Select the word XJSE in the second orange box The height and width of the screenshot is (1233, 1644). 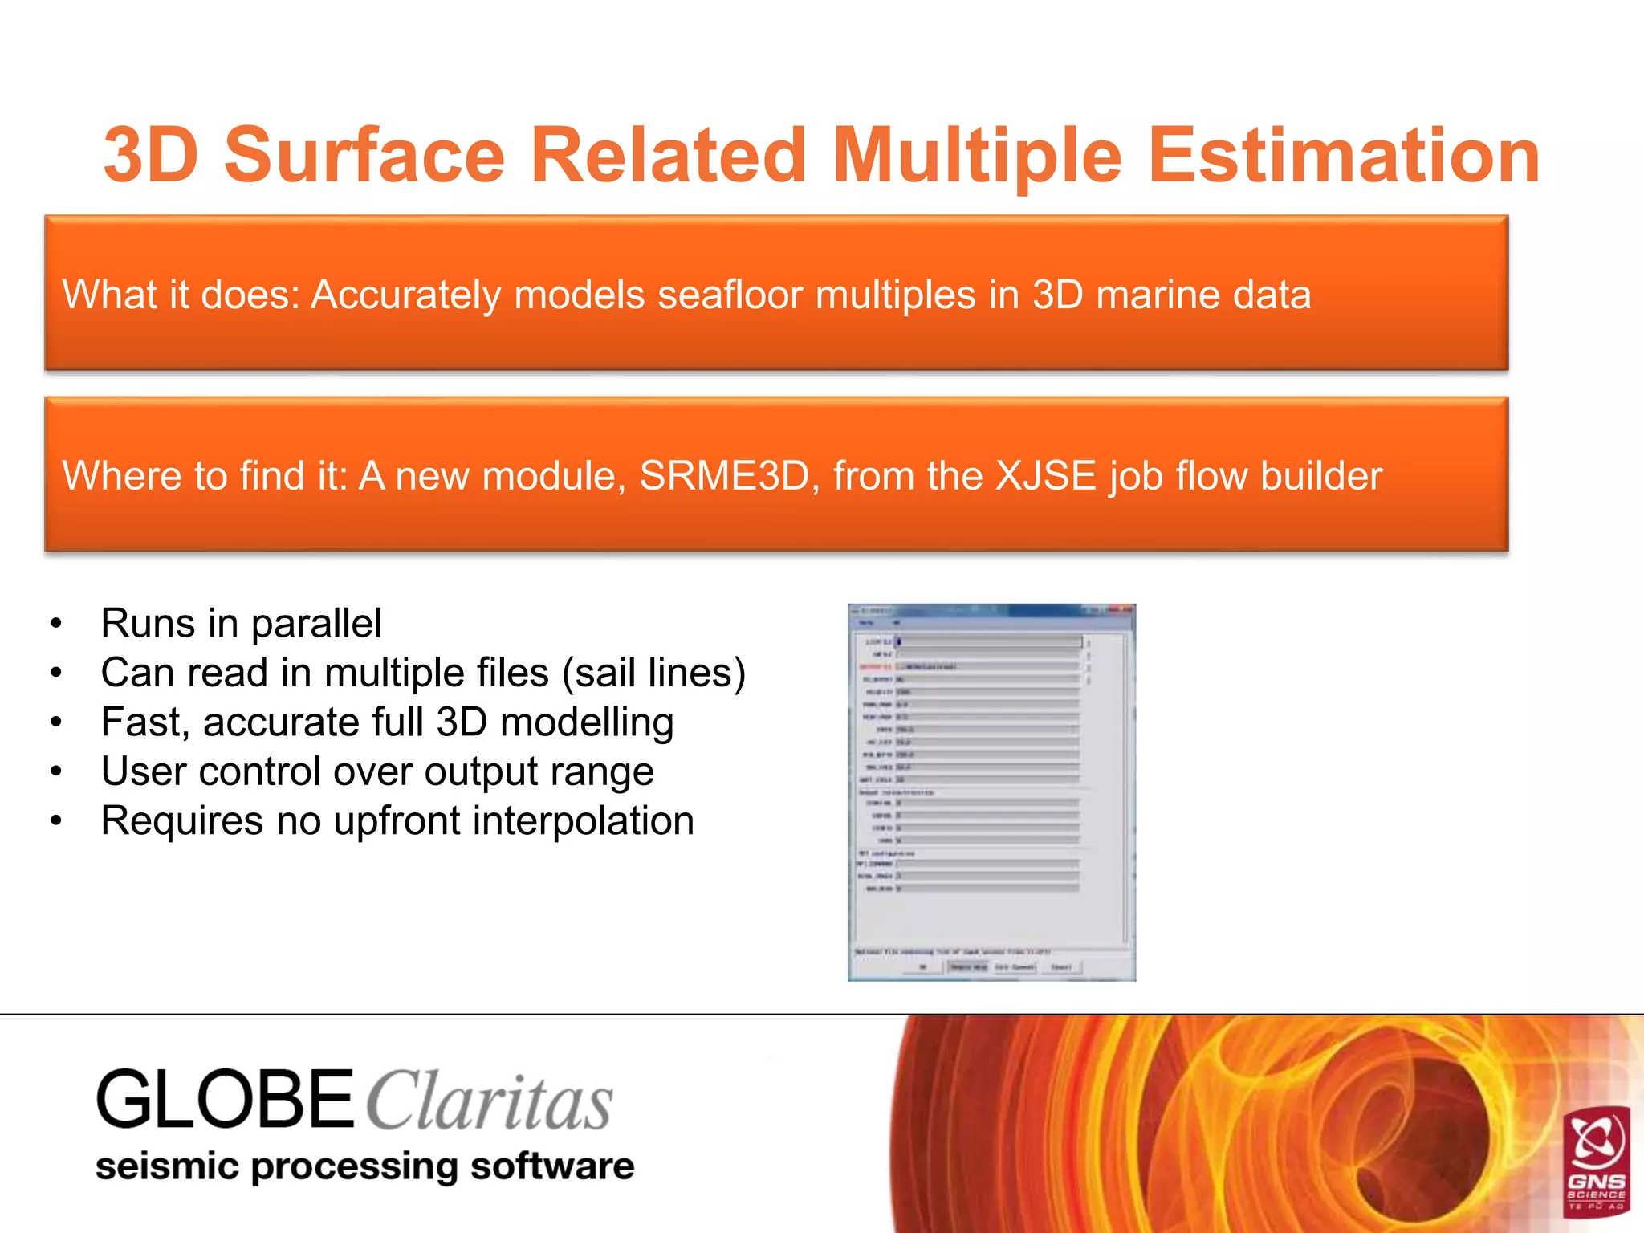[x=1045, y=476]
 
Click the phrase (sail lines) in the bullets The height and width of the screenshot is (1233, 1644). [x=653, y=673]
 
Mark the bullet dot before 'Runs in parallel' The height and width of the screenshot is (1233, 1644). [x=55, y=625]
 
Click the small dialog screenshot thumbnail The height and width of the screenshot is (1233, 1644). [x=991, y=792]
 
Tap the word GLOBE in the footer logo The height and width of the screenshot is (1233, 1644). [x=225, y=1100]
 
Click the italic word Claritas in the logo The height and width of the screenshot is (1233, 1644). [x=490, y=1103]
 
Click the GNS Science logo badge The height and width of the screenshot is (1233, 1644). [x=1597, y=1161]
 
